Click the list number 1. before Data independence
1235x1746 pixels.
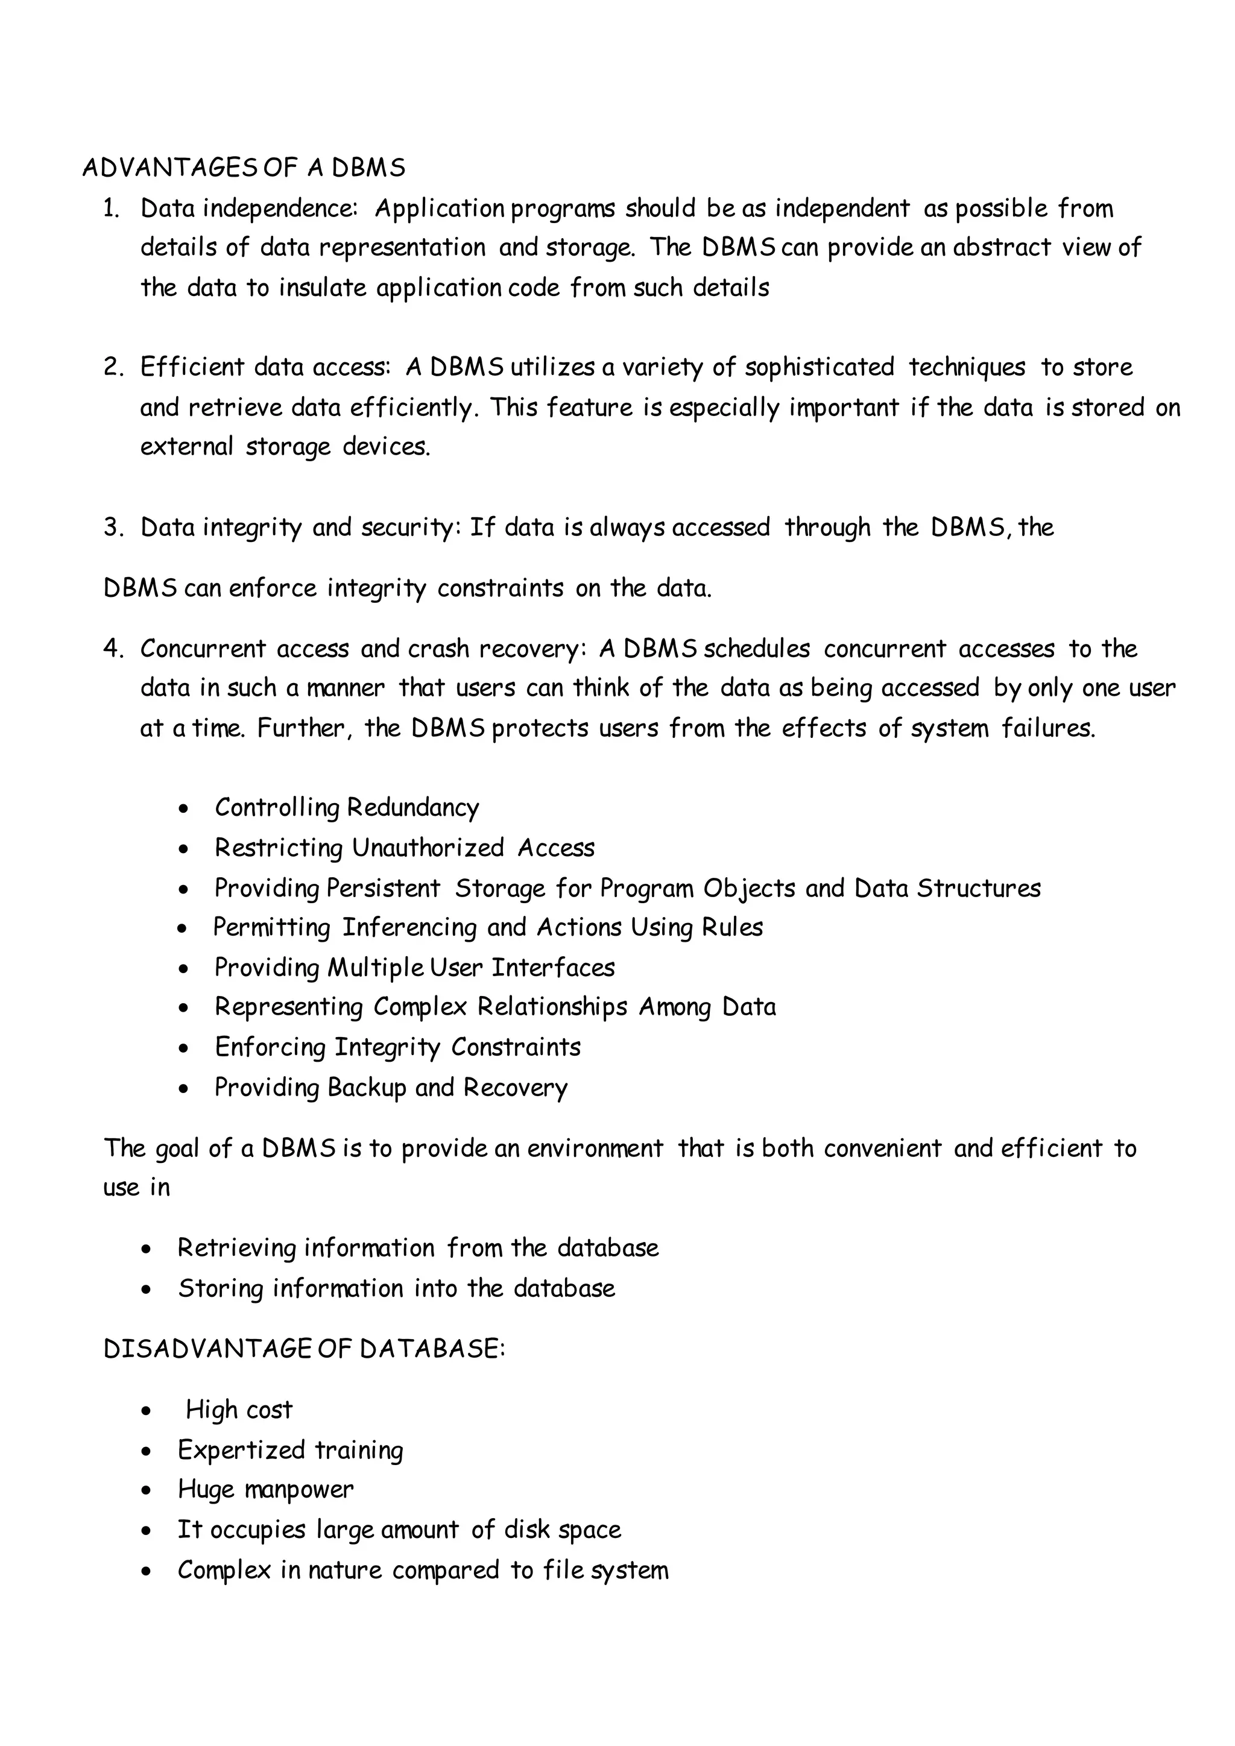click(x=111, y=209)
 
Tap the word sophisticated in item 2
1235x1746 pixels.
click(x=819, y=367)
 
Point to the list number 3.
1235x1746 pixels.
click(x=113, y=527)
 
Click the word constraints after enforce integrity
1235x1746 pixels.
click(x=500, y=588)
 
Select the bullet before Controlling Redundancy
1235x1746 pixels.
click(x=183, y=809)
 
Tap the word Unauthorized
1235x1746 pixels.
click(x=428, y=848)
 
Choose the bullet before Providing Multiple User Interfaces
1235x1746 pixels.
click(x=183, y=969)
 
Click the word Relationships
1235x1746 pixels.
click(x=552, y=1007)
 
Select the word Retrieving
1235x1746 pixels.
click(x=236, y=1248)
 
